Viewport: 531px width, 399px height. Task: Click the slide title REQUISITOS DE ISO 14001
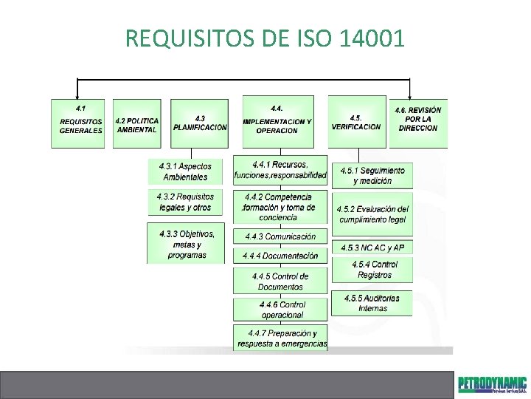[265, 37]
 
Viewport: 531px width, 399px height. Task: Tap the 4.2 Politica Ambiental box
[137, 124]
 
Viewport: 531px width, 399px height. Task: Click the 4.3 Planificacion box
[199, 123]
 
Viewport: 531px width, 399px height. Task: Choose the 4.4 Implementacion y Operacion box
[277, 122]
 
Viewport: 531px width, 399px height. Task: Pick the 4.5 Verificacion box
[356, 123]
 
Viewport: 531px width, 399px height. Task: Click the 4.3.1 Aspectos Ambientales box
[185, 172]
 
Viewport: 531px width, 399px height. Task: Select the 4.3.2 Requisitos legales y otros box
[185, 202]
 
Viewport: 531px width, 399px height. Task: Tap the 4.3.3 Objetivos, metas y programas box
[186, 244]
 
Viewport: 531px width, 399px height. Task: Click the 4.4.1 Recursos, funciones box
[280, 170]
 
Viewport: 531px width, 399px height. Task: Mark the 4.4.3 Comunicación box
[280, 236]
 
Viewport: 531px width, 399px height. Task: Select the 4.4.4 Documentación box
[280, 256]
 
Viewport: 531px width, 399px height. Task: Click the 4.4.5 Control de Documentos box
[280, 282]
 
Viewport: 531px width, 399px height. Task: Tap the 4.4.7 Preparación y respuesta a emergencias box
[282, 338]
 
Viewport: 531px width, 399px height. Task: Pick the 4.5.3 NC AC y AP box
[372, 248]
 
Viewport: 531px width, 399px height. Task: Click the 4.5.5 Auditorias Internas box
[372, 303]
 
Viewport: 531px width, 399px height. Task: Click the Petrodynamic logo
[492, 384]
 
